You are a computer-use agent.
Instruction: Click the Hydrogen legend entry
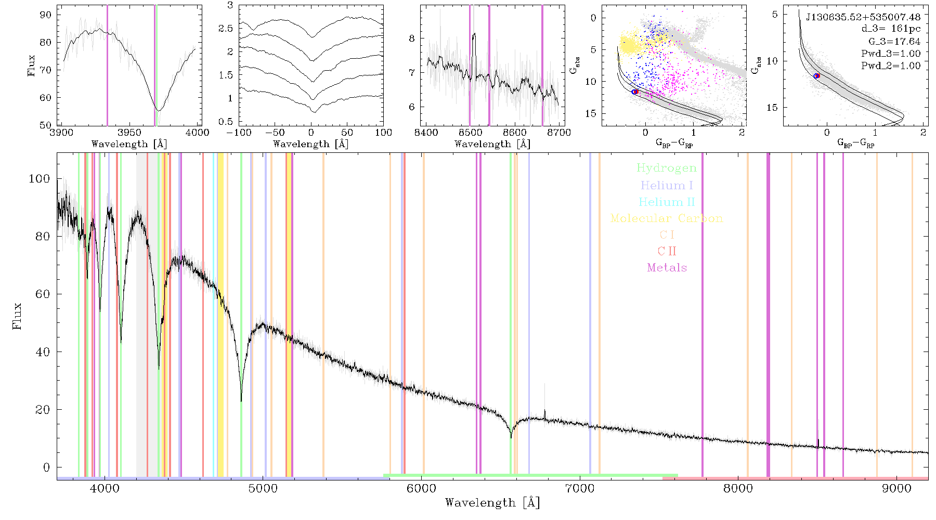tap(666, 168)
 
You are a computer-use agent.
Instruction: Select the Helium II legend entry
tap(667, 202)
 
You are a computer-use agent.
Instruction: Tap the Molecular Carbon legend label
tap(667, 218)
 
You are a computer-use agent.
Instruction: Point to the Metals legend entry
tap(667, 268)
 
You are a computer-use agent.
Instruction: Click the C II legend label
tap(667, 251)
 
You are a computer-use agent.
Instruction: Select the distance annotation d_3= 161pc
tap(890, 29)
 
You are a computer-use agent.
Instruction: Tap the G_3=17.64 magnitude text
tap(894, 42)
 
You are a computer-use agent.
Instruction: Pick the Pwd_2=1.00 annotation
tap(891, 66)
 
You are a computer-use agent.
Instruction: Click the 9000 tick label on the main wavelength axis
tap(896, 488)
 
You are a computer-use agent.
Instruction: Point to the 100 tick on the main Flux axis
tap(39, 178)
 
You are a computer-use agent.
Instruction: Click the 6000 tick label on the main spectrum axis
tap(421, 488)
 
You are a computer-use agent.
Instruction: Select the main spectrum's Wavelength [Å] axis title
tap(492, 503)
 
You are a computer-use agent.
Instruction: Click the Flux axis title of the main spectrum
tap(18, 316)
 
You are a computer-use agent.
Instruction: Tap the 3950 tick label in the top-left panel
tap(129, 133)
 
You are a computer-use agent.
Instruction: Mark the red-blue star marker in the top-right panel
tap(817, 76)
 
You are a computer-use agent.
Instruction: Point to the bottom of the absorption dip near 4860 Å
tap(241, 401)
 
